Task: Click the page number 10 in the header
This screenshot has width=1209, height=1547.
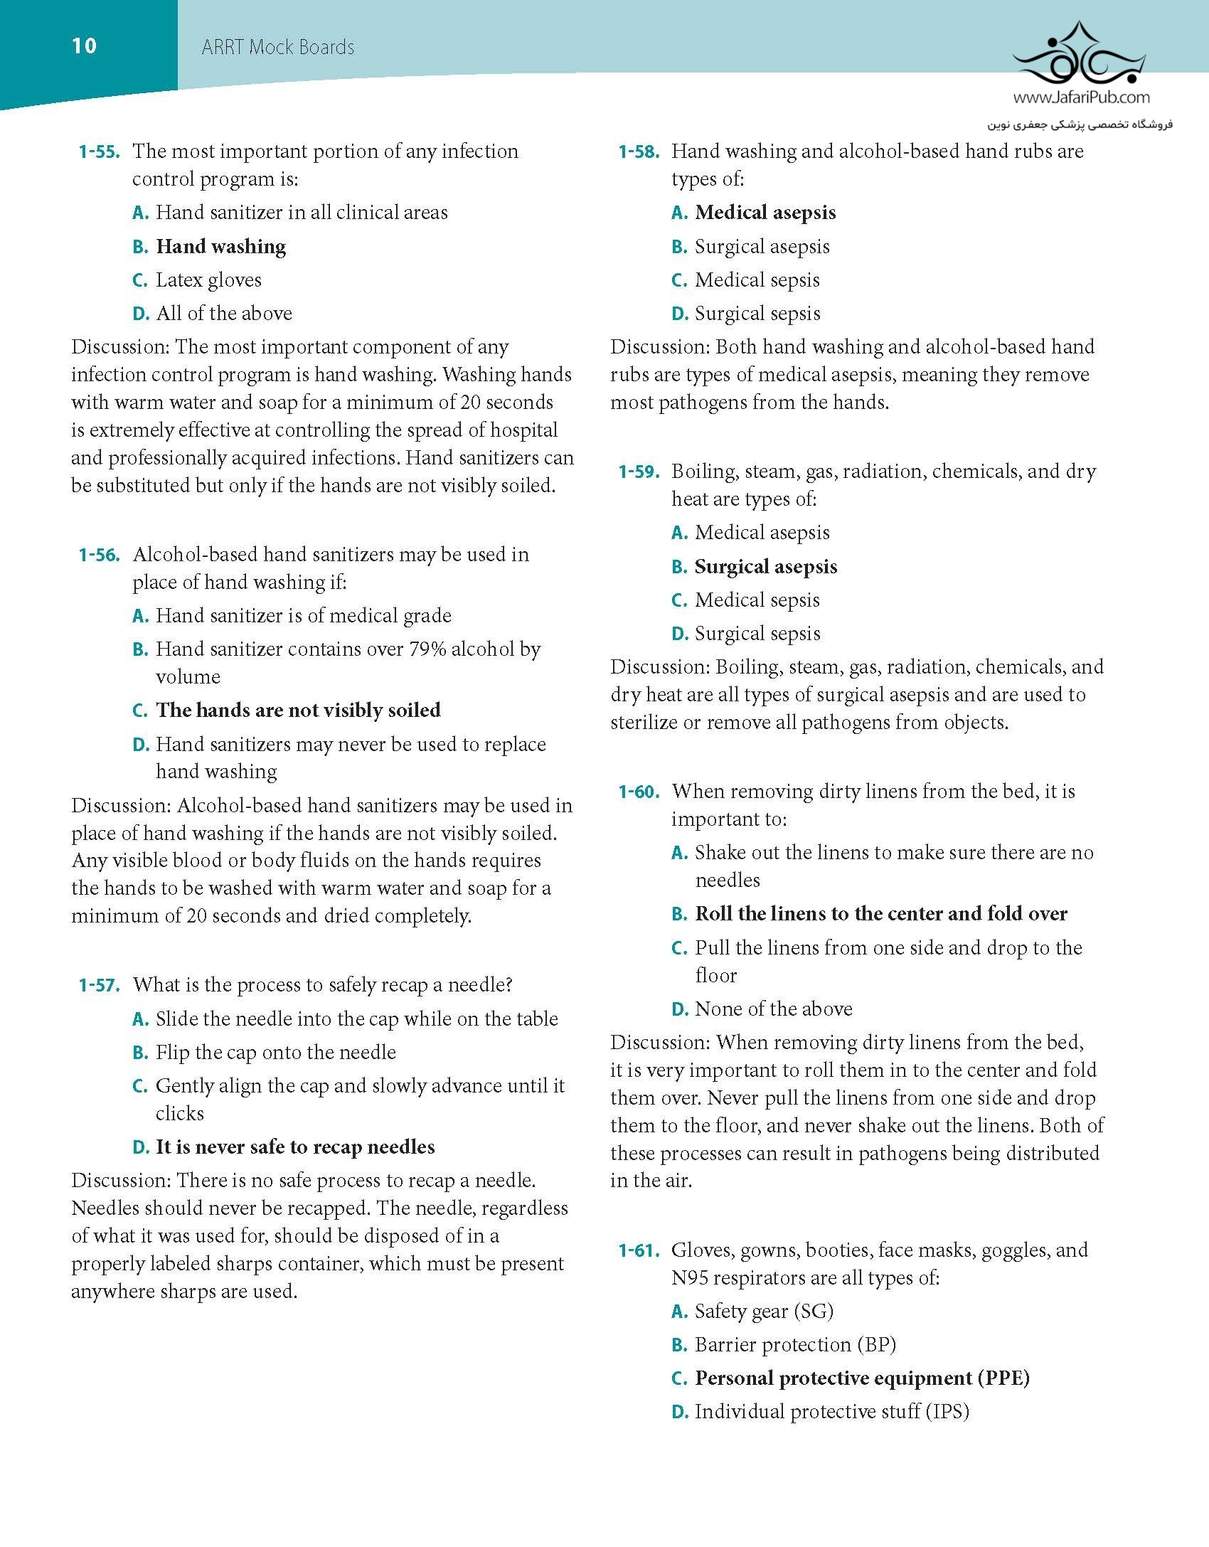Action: tap(84, 46)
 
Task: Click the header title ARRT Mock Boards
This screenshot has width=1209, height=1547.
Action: tap(277, 48)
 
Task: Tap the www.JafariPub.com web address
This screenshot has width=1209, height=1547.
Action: tap(1081, 97)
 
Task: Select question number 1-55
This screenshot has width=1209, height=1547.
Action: tap(99, 151)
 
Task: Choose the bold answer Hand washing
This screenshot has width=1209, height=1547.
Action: tap(220, 247)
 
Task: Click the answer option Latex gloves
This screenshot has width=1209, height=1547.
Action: tap(208, 280)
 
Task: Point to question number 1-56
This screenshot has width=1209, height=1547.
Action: tap(99, 555)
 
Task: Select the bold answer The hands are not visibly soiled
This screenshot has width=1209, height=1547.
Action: tap(298, 711)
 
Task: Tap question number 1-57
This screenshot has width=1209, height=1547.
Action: tap(99, 985)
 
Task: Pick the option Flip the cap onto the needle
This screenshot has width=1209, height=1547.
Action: tap(275, 1053)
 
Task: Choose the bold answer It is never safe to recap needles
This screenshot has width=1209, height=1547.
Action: tap(295, 1147)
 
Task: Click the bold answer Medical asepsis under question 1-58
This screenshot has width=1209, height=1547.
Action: tap(765, 213)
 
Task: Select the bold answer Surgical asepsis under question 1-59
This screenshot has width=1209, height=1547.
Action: tap(766, 567)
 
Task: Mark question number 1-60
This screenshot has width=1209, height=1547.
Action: tap(638, 792)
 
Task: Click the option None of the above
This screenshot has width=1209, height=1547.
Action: tap(773, 1009)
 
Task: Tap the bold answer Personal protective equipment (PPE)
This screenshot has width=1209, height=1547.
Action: tap(862, 1378)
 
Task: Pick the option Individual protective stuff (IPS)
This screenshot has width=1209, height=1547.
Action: tap(832, 1412)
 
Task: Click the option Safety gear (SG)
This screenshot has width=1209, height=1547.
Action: tap(764, 1312)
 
